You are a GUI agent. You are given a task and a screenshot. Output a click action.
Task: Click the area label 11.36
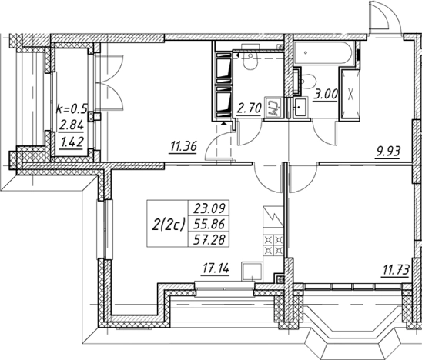tap(183, 146)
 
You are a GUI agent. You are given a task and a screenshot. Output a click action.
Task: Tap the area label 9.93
tap(388, 152)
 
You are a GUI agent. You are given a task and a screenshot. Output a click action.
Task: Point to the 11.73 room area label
tap(395, 270)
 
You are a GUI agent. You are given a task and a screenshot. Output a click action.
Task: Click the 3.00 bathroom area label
tap(326, 95)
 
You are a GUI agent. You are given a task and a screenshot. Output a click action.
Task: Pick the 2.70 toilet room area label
tap(250, 108)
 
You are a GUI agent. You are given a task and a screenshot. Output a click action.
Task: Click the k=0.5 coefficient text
tap(72, 109)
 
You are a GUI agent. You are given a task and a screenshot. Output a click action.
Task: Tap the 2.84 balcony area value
tap(72, 125)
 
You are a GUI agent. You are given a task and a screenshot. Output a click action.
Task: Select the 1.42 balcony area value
tap(72, 142)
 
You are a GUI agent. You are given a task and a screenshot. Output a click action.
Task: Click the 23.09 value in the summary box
tap(209, 208)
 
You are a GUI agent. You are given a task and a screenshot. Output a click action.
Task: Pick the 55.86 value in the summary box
tap(209, 224)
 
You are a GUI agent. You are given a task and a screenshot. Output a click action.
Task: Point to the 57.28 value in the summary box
tap(209, 239)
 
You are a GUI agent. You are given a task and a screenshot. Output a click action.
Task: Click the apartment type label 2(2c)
tap(169, 224)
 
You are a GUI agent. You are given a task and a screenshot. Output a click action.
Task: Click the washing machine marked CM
tap(273, 107)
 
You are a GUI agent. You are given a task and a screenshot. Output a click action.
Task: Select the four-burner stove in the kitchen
tap(273, 245)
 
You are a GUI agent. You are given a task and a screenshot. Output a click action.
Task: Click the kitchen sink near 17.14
tap(252, 272)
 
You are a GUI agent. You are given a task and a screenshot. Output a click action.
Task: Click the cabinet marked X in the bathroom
tap(350, 94)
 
